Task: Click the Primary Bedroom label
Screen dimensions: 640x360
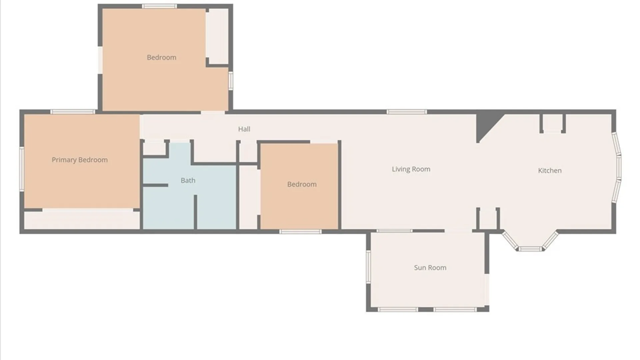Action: click(x=80, y=160)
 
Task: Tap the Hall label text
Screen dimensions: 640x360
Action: click(x=244, y=129)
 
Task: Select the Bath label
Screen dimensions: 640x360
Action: click(x=188, y=180)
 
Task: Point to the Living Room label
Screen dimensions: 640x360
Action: click(x=411, y=169)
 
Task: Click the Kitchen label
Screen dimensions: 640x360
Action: click(x=550, y=171)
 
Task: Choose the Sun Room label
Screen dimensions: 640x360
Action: click(x=430, y=268)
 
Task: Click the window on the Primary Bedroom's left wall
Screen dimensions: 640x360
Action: click(x=22, y=169)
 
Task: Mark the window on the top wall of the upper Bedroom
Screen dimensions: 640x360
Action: click(x=159, y=6)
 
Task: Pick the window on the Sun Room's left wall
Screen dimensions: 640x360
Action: click(x=368, y=267)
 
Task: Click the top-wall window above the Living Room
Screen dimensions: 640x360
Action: click(x=407, y=112)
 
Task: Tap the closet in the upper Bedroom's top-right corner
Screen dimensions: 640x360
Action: click(x=217, y=36)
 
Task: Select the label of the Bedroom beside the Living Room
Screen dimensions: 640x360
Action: click(x=302, y=184)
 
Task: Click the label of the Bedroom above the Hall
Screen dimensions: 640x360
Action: click(x=162, y=57)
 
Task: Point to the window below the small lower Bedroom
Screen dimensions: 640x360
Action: click(x=300, y=232)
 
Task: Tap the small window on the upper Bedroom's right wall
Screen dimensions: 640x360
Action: click(x=230, y=80)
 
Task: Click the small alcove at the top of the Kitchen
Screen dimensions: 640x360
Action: click(x=553, y=123)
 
